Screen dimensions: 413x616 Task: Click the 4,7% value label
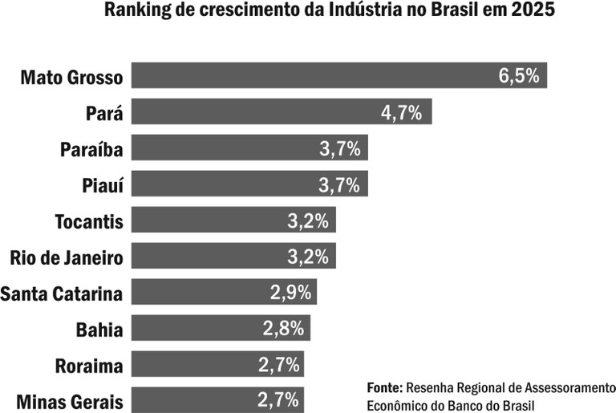point(402,112)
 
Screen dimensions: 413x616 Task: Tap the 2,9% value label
point(290,293)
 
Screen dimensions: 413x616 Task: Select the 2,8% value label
point(282,329)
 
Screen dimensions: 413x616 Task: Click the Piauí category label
point(103,185)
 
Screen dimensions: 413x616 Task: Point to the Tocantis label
point(89,221)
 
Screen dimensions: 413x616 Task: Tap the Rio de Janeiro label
point(67,257)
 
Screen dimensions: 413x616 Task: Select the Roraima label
point(89,366)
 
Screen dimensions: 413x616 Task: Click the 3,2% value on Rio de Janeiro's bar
point(308,257)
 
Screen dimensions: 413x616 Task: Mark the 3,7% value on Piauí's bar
point(338,184)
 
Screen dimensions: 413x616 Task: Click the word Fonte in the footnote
point(384,387)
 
